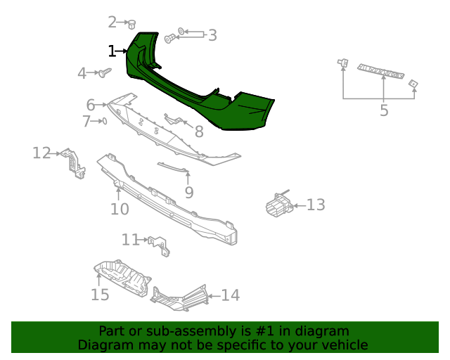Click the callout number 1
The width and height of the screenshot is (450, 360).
click(x=112, y=51)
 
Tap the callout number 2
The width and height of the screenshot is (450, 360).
click(x=112, y=22)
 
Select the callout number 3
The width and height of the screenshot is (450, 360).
click(x=212, y=35)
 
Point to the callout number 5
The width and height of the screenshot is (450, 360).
click(x=384, y=110)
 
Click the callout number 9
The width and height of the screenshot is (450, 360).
click(x=188, y=192)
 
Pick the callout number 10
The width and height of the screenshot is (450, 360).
click(x=120, y=209)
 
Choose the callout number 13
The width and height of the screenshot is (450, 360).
click(x=316, y=205)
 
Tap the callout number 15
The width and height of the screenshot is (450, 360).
click(x=100, y=294)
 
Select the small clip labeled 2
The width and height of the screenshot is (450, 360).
click(x=131, y=24)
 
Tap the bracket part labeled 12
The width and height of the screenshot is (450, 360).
click(x=72, y=162)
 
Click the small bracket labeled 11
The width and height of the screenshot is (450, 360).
click(x=160, y=245)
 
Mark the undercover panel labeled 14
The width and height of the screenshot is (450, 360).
click(x=179, y=298)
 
